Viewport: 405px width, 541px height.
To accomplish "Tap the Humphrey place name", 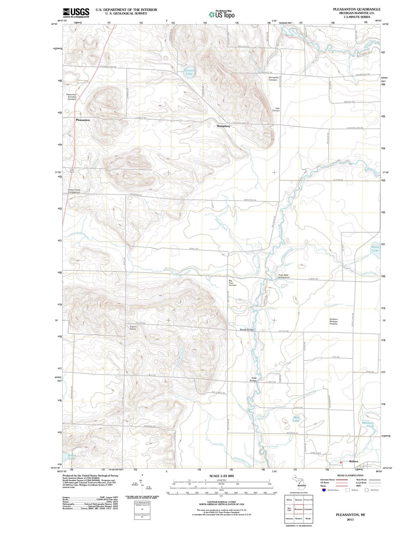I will point(223,126).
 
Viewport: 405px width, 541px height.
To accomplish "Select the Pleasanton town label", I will point(83,120).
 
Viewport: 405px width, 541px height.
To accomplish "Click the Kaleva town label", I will point(353,462).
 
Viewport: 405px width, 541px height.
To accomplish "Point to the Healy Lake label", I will point(375,249).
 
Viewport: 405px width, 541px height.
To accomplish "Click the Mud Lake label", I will point(297,419).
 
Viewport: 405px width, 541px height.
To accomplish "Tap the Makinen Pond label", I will point(368,424).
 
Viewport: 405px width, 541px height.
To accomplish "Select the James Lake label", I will point(72,457).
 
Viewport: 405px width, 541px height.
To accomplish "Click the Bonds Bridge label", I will point(247,329).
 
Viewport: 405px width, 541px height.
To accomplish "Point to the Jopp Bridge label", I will point(253,379).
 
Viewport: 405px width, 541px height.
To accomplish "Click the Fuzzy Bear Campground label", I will point(283,276).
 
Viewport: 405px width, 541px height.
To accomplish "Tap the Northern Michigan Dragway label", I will point(334,321).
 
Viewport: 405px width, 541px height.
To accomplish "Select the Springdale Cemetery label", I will point(273,78).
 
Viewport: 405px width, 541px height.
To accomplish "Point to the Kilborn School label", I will point(133,328).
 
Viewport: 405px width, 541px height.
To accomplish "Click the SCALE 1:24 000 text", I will point(221,476).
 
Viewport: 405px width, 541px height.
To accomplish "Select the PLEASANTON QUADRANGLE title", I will point(356,9).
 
